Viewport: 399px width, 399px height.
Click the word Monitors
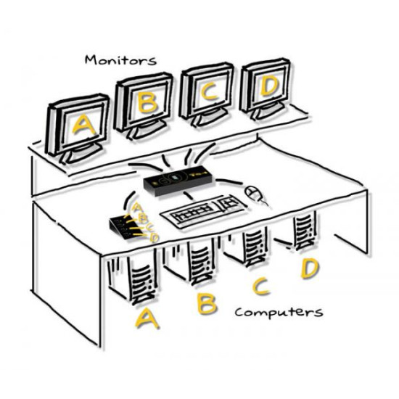(x=120, y=60)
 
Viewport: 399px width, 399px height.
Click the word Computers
(x=279, y=313)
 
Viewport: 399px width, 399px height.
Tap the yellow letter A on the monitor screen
(x=83, y=125)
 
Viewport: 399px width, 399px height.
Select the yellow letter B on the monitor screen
(x=147, y=102)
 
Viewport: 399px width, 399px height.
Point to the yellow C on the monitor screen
(x=209, y=92)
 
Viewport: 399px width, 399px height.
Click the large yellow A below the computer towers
(x=147, y=318)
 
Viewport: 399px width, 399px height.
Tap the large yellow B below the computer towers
(x=207, y=303)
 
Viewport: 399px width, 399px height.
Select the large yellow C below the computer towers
(x=260, y=287)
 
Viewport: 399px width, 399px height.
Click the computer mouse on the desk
(x=255, y=194)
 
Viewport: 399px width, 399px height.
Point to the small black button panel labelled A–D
(x=126, y=227)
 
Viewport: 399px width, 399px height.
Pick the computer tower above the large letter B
(x=201, y=262)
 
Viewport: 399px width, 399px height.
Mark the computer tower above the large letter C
(x=255, y=245)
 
